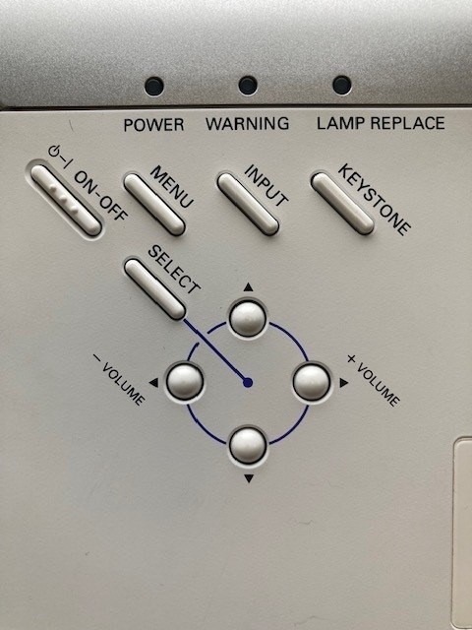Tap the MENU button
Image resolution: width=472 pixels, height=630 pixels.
154,204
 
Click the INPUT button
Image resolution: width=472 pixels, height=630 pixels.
248,204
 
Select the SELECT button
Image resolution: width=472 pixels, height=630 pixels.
154,288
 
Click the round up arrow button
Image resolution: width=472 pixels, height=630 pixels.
248,319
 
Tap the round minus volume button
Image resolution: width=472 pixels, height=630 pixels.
185,382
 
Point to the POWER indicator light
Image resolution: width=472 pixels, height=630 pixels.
154,86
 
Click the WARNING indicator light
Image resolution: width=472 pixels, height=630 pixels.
248,86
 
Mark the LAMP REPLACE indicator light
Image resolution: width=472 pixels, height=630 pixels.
342,86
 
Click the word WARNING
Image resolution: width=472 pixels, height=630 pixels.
247,123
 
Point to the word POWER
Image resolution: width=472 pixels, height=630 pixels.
153,125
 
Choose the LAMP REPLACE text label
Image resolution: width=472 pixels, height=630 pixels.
381,123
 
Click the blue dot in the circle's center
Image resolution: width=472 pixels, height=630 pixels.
248,383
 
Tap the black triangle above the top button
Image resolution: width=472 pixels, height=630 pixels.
248,286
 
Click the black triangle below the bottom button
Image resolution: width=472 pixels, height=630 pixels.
249,478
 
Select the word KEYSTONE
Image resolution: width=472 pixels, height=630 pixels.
374,200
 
